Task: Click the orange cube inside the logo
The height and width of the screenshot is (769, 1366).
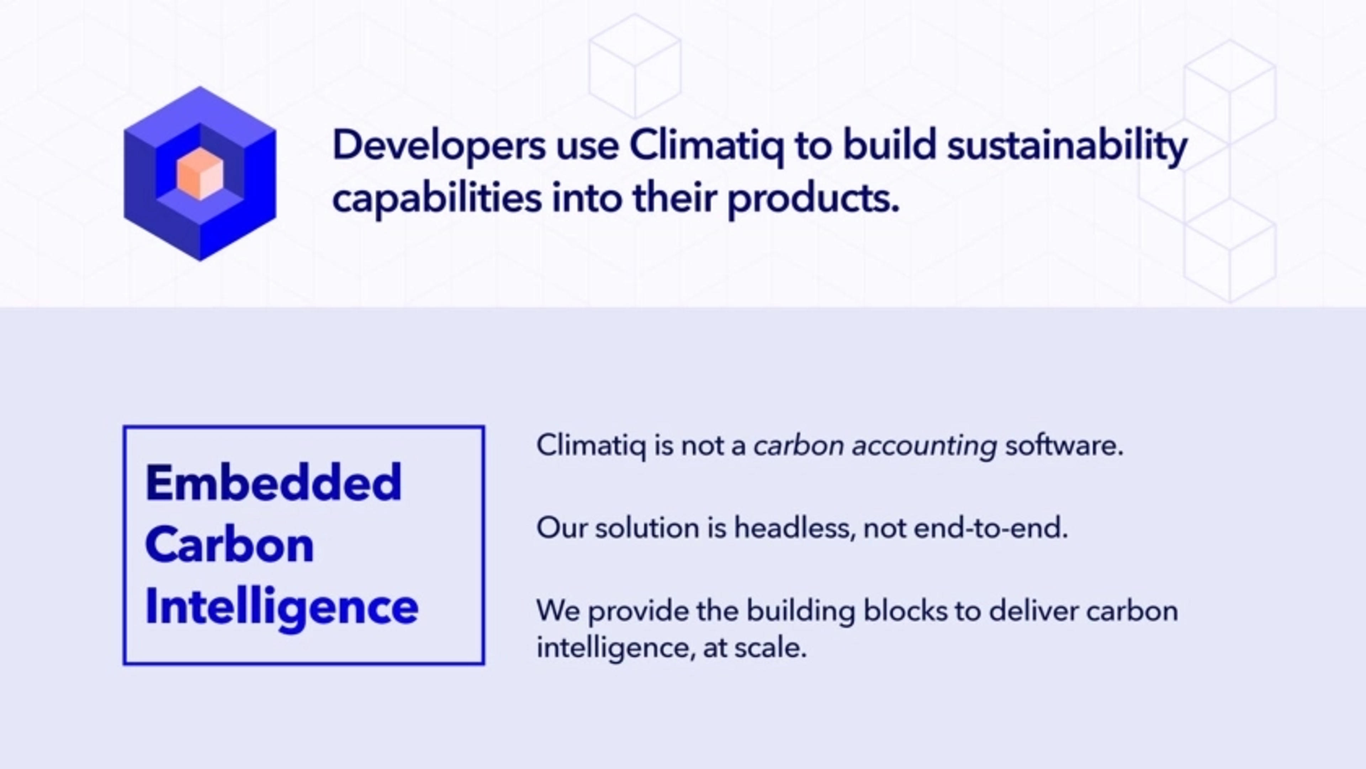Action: coord(200,174)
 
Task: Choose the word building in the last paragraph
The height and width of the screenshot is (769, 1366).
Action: coord(801,611)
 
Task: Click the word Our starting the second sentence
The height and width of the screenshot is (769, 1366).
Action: coord(562,528)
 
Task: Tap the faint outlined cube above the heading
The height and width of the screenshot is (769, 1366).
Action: coord(635,66)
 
